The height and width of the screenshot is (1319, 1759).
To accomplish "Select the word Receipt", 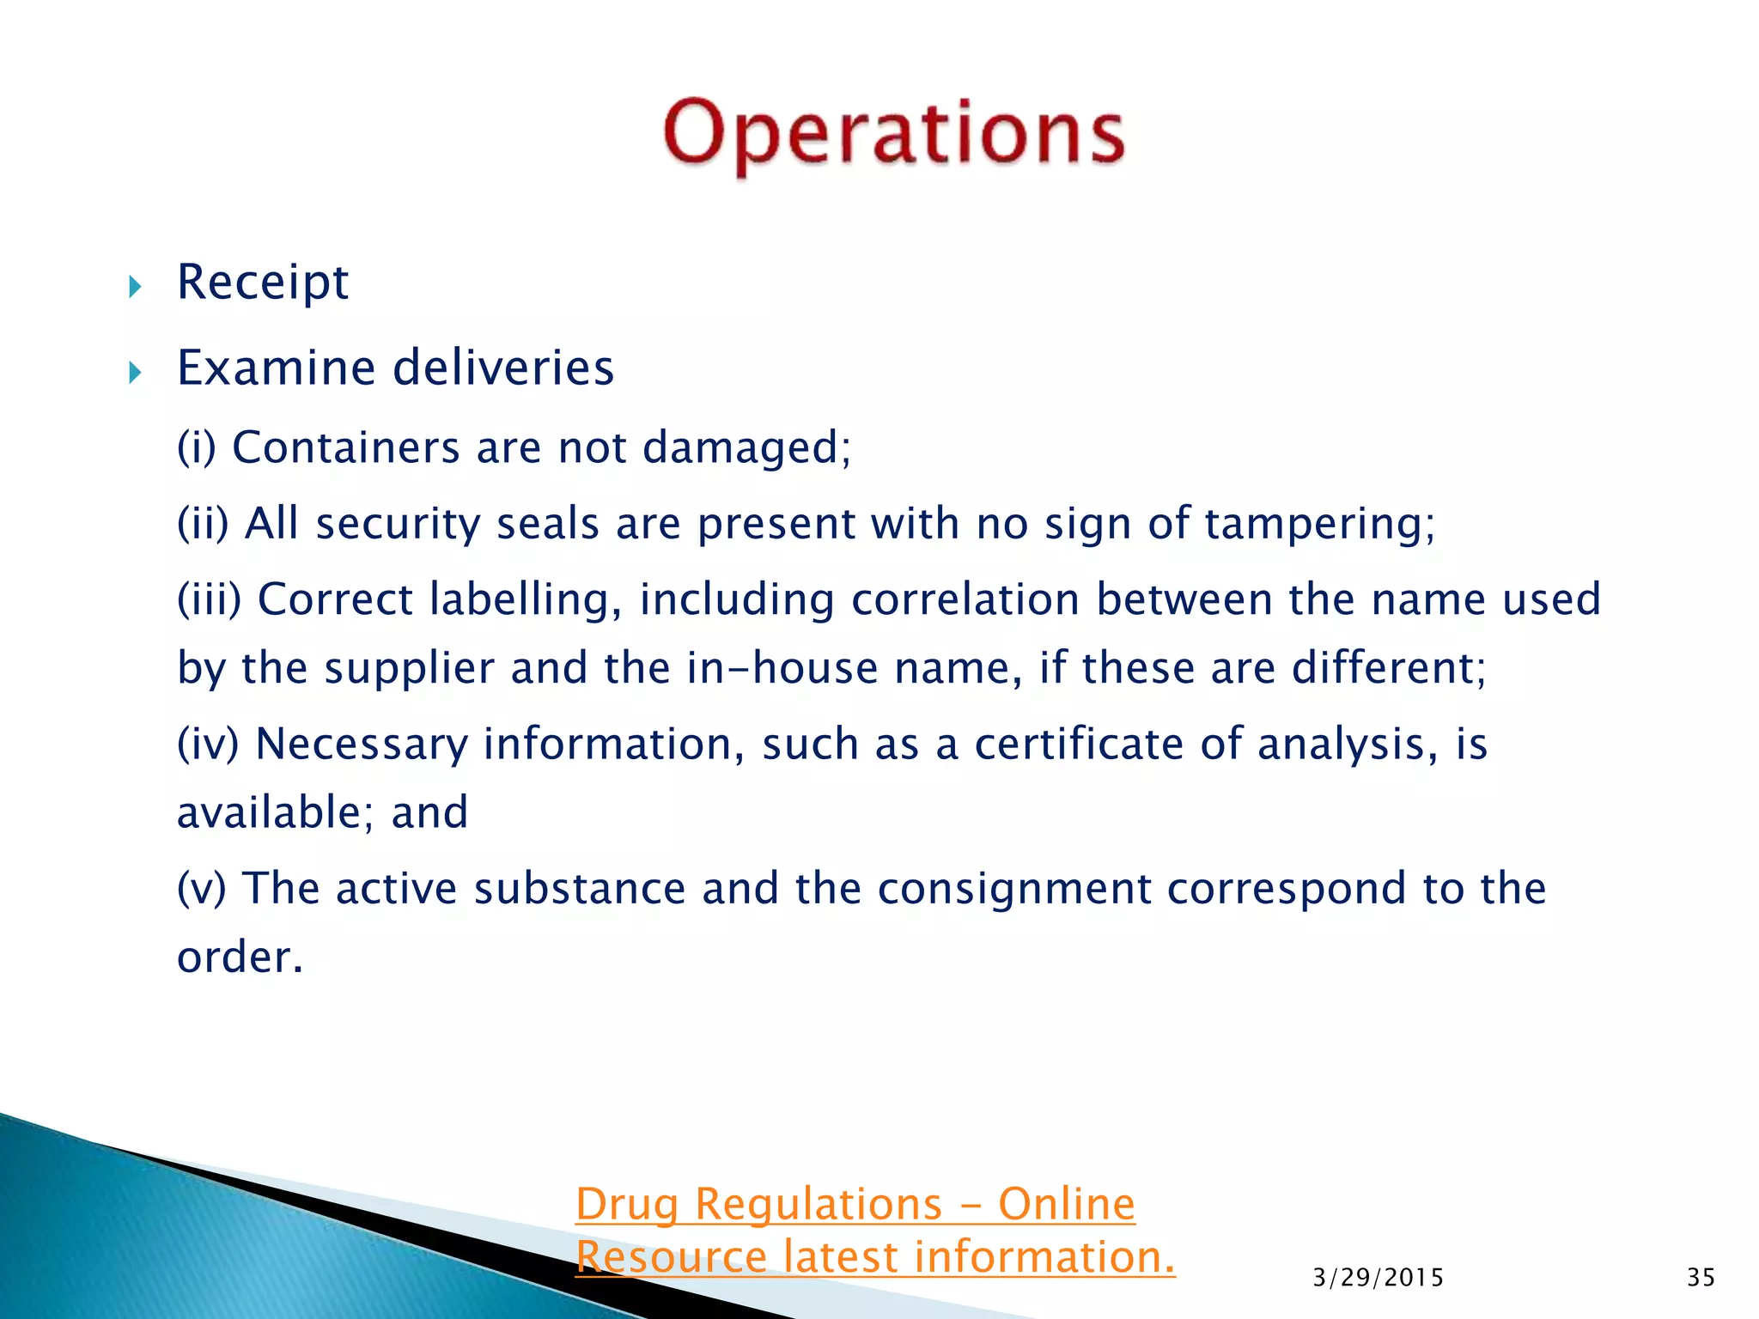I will pyautogui.click(x=263, y=283).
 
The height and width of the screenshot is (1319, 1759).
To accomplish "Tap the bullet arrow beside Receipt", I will pyautogui.click(x=135, y=287).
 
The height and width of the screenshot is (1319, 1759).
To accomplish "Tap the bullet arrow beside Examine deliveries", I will pyautogui.click(x=135, y=373).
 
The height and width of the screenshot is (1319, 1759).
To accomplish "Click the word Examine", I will pyautogui.click(x=276, y=368).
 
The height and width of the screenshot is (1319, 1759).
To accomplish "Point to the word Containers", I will pyautogui.click(x=346, y=447).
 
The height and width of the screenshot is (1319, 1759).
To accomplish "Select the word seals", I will pyautogui.click(x=547, y=524).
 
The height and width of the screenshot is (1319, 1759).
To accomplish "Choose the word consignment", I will pyautogui.click(x=1013, y=889).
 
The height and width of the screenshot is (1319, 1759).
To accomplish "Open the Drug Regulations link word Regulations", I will pyautogui.click(x=819, y=1205).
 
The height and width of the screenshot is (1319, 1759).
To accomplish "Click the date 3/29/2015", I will pyautogui.click(x=1378, y=1278).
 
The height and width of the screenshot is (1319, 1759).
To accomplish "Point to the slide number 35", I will pyautogui.click(x=1701, y=1278).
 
